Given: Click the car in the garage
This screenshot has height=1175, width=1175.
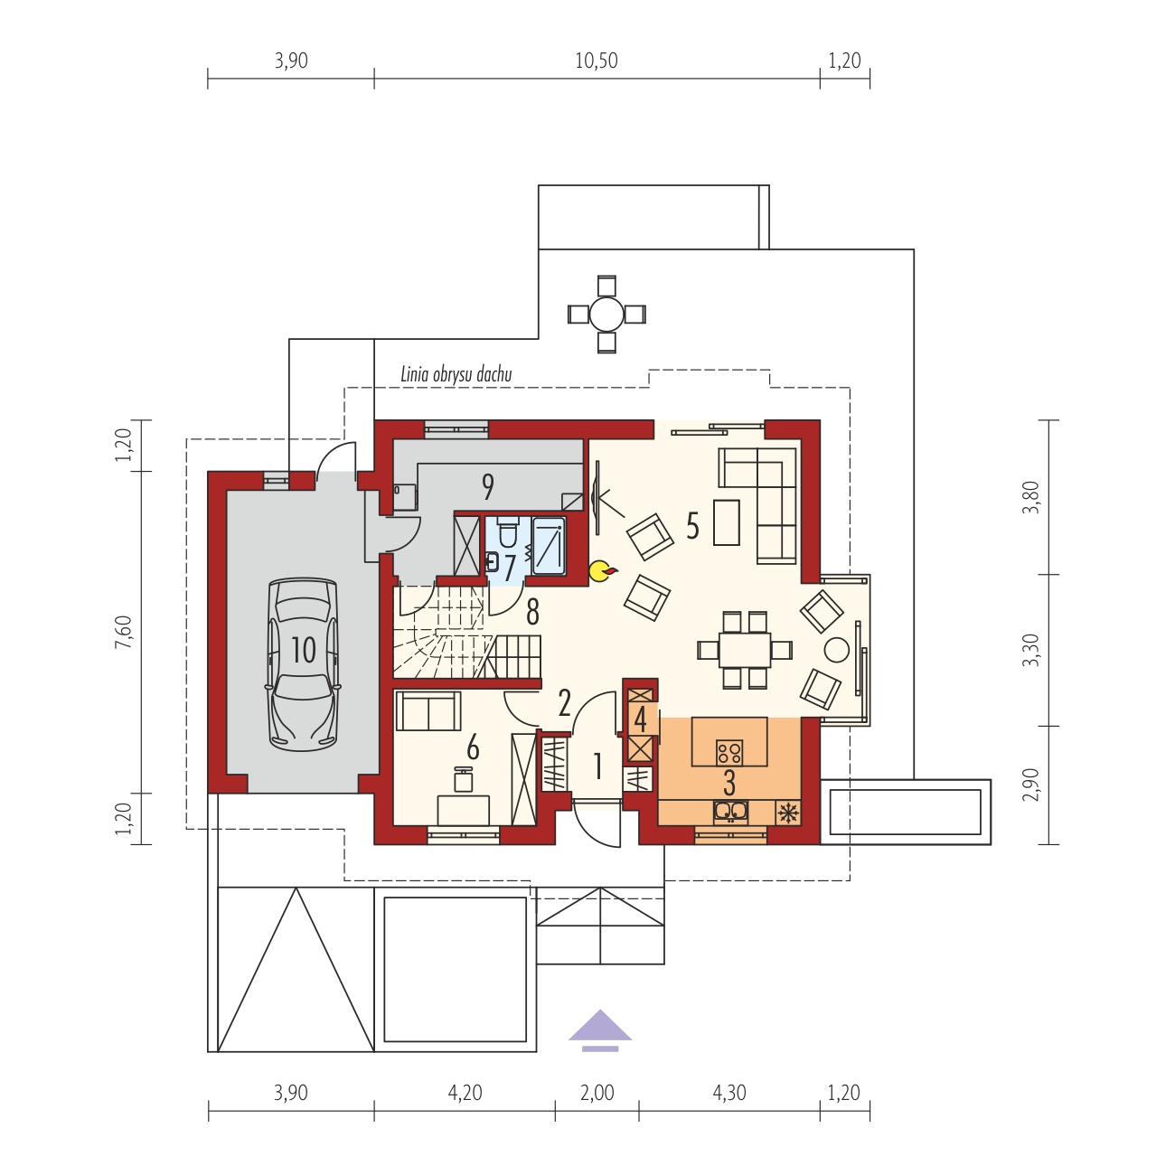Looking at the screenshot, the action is click(x=303, y=663).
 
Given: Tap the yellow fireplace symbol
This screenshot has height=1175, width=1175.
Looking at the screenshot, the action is click(x=603, y=570).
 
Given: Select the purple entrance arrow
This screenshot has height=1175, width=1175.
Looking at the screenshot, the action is click(x=600, y=1030).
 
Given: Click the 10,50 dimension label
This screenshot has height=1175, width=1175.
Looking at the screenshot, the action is click(x=597, y=61).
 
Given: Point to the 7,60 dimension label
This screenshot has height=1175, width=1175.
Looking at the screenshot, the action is click(x=123, y=632).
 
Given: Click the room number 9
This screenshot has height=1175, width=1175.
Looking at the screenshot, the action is click(x=488, y=486).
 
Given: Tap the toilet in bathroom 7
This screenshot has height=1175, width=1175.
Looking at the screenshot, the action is click(x=507, y=531).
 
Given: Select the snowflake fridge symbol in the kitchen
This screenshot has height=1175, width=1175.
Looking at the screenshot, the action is click(x=788, y=813).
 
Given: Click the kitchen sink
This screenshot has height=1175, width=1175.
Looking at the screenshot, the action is click(x=730, y=812).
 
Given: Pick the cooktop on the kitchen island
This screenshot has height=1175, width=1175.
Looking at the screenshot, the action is click(x=729, y=751).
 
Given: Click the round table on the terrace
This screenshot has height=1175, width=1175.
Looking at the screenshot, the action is click(x=606, y=314).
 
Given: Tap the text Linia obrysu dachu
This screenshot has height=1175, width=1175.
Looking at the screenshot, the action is click(x=456, y=374).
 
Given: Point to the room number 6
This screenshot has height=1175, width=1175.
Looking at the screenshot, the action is click(x=473, y=748).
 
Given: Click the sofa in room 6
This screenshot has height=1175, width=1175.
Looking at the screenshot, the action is click(x=428, y=710).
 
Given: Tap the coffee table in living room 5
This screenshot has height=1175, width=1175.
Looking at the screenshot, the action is click(x=727, y=522).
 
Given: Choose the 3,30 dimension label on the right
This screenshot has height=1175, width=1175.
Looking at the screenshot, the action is click(x=1030, y=650).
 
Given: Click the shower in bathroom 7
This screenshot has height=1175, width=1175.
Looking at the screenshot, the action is click(x=549, y=546).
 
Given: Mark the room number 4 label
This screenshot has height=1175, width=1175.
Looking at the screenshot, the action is click(x=640, y=719).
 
